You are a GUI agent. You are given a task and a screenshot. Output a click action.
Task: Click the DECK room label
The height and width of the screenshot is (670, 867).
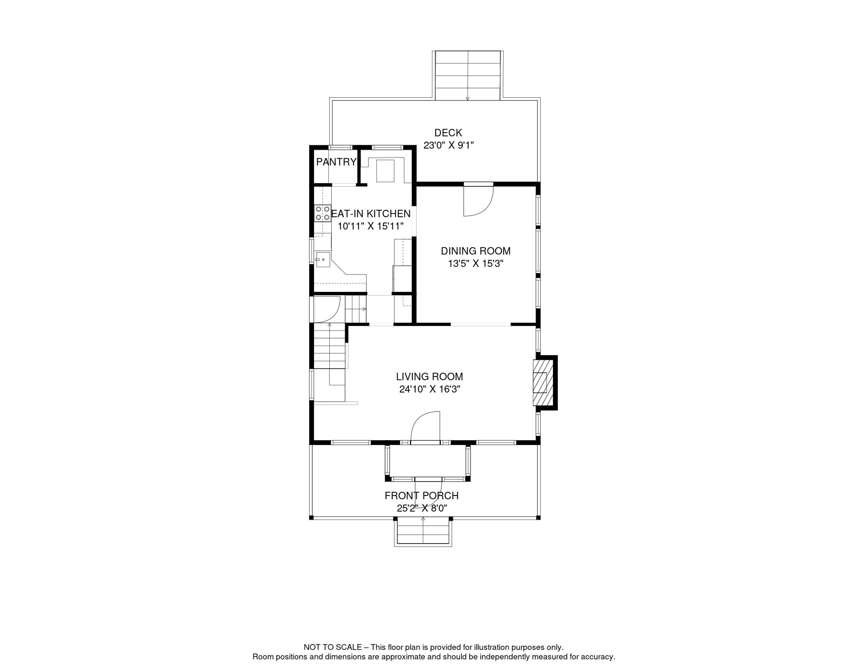(448, 133)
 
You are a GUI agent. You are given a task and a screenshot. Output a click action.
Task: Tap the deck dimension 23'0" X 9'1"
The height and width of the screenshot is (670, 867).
(448, 145)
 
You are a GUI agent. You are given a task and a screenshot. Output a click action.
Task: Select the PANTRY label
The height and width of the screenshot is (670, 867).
(336, 162)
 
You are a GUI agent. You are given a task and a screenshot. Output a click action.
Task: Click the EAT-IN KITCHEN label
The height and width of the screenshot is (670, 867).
(371, 214)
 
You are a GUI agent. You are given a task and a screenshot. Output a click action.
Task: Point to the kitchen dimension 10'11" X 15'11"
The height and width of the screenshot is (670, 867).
(371, 226)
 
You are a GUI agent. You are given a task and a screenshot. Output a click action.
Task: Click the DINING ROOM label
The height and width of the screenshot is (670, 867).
(475, 251)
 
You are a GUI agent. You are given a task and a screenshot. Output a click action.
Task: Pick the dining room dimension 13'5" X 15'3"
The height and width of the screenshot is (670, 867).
(475, 263)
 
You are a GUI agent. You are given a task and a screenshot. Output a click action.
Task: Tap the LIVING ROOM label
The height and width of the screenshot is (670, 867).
(430, 376)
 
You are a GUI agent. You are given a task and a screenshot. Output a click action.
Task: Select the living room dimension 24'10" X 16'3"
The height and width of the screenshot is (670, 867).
(430, 389)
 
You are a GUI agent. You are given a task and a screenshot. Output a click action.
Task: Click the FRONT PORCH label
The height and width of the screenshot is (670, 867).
(421, 496)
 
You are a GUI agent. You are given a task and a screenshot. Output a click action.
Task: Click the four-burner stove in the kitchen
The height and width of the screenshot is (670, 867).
(323, 213)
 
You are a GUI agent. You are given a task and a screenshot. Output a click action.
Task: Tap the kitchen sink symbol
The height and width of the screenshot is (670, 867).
(323, 260)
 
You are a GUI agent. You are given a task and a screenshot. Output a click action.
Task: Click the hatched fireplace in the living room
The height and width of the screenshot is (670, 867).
(543, 383)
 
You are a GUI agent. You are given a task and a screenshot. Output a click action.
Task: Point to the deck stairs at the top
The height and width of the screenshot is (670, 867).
(468, 75)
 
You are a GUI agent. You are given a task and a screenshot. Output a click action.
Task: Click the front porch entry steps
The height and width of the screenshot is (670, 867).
(423, 532)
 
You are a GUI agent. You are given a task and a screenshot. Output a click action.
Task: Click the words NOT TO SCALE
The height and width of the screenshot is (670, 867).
(333, 647)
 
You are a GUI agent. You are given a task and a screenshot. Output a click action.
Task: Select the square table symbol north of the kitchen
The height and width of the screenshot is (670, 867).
(385, 171)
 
